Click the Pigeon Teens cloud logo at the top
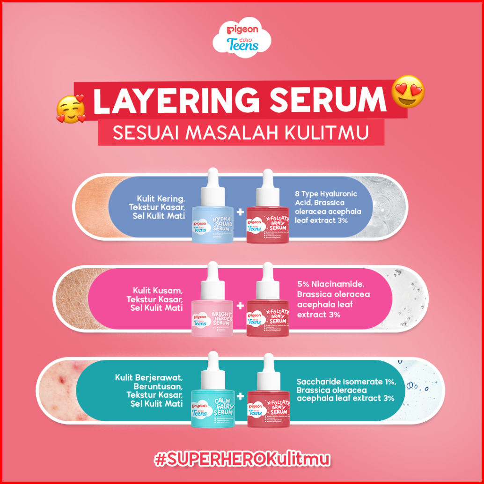tap(242, 38)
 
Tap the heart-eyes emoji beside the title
tap(409, 91)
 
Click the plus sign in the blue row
tap(241, 212)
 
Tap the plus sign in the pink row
tap(241, 305)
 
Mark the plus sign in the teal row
tap(241, 396)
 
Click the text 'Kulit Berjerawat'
tap(149, 377)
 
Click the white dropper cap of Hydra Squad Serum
tap(212, 178)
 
